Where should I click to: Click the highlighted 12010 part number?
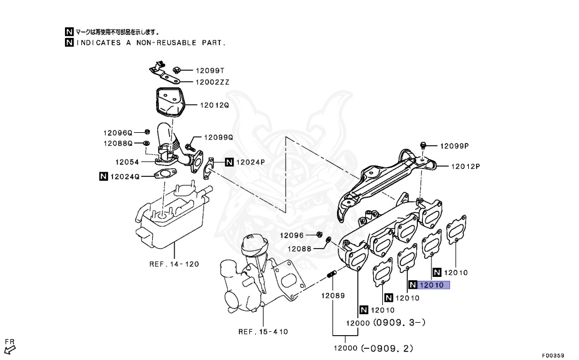coord(432,285)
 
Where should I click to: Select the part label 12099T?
coord(210,71)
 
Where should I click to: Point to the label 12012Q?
coord(213,105)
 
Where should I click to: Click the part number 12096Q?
coord(117,133)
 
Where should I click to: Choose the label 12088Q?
coord(117,144)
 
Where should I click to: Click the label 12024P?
coord(250,162)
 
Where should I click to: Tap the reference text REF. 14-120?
coord(174,264)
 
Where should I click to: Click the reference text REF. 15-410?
coord(263,332)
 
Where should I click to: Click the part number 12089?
coord(333,296)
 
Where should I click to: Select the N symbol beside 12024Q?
coord(103,176)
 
